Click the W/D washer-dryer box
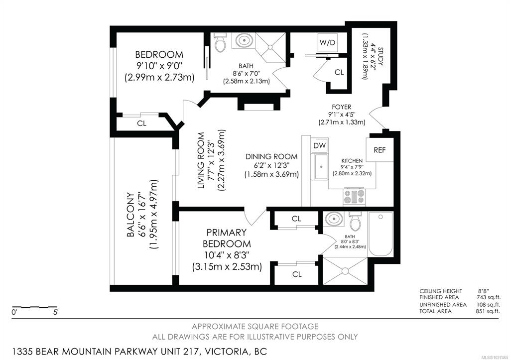click(x=328, y=43)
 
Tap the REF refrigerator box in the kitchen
click(x=380, y=150)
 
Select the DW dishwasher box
click(x=319, y=146)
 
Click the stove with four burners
click(x=354, y=196)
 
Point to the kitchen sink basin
click(x=321, y=166)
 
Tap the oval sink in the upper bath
click(x=243, y=41)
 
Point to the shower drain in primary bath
click(x=345, y=270)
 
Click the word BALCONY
click(x=130, y=215)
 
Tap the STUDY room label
click(x=381, y=56)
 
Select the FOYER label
click(x=342, y=107)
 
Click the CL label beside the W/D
click(x=339, y=72)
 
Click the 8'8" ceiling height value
click(x=484, y=291)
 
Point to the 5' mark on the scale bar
click(x=56, y=313)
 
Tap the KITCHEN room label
click(x=352, y=161)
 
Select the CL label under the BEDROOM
click(x=141, y=123)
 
